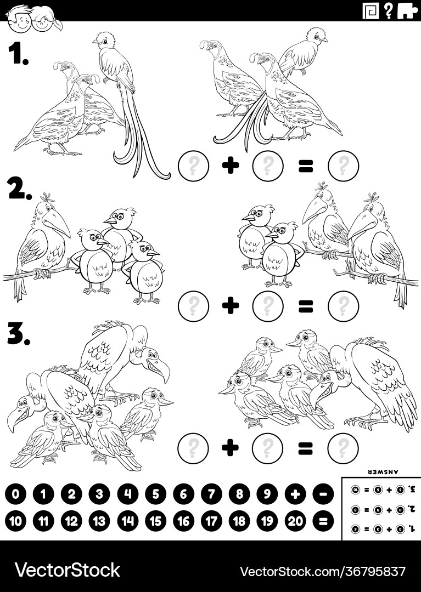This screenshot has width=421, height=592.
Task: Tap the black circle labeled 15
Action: pos(155,521)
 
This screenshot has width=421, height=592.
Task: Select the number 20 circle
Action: pos(295,521)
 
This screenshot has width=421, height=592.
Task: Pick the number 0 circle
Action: pos(15,494)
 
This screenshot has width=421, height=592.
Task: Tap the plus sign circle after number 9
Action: pos(295,494)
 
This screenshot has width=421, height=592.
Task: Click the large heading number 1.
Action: pos(18,54)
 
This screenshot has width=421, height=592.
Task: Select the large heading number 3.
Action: pos(19,332)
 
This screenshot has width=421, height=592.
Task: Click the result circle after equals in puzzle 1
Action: pos(343,165)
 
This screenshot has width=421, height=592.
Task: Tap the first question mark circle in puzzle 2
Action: pos(193,306)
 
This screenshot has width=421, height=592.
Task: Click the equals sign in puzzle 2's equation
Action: pos(305,306)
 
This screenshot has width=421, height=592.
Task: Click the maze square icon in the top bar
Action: pos(371,10)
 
